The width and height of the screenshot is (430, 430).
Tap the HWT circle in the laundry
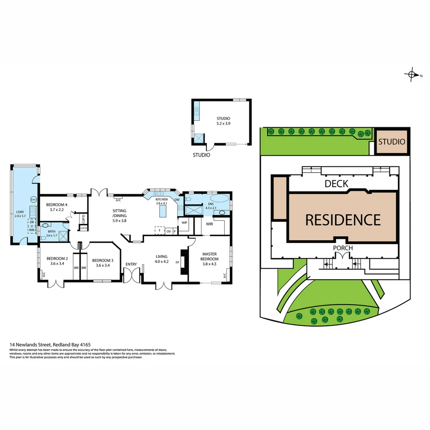tap(34, 199)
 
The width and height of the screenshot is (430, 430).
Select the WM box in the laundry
tap(31, 230)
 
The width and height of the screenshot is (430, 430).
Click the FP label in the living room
tap(178, 262)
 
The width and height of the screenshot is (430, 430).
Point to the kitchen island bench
tap(162, 212)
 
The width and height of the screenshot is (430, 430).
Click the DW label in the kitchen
tap(177, 200)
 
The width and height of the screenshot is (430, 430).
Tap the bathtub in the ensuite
tap(219, 199)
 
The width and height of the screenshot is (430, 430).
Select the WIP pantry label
tap(184, 223)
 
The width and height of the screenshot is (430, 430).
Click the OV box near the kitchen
tap(168, 231)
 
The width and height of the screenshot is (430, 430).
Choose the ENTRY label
tap(131, 264)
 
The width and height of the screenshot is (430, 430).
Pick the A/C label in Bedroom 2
tap(43, 274)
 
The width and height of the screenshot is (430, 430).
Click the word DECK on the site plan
tap(336, 184)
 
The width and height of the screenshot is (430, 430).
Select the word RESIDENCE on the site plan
tap(343, 219)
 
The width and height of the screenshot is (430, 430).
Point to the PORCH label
tap(343, 248)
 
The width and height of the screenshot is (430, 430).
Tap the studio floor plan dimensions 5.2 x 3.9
tap(223, 123)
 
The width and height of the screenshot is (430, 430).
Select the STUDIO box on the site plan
tap(392, 142)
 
